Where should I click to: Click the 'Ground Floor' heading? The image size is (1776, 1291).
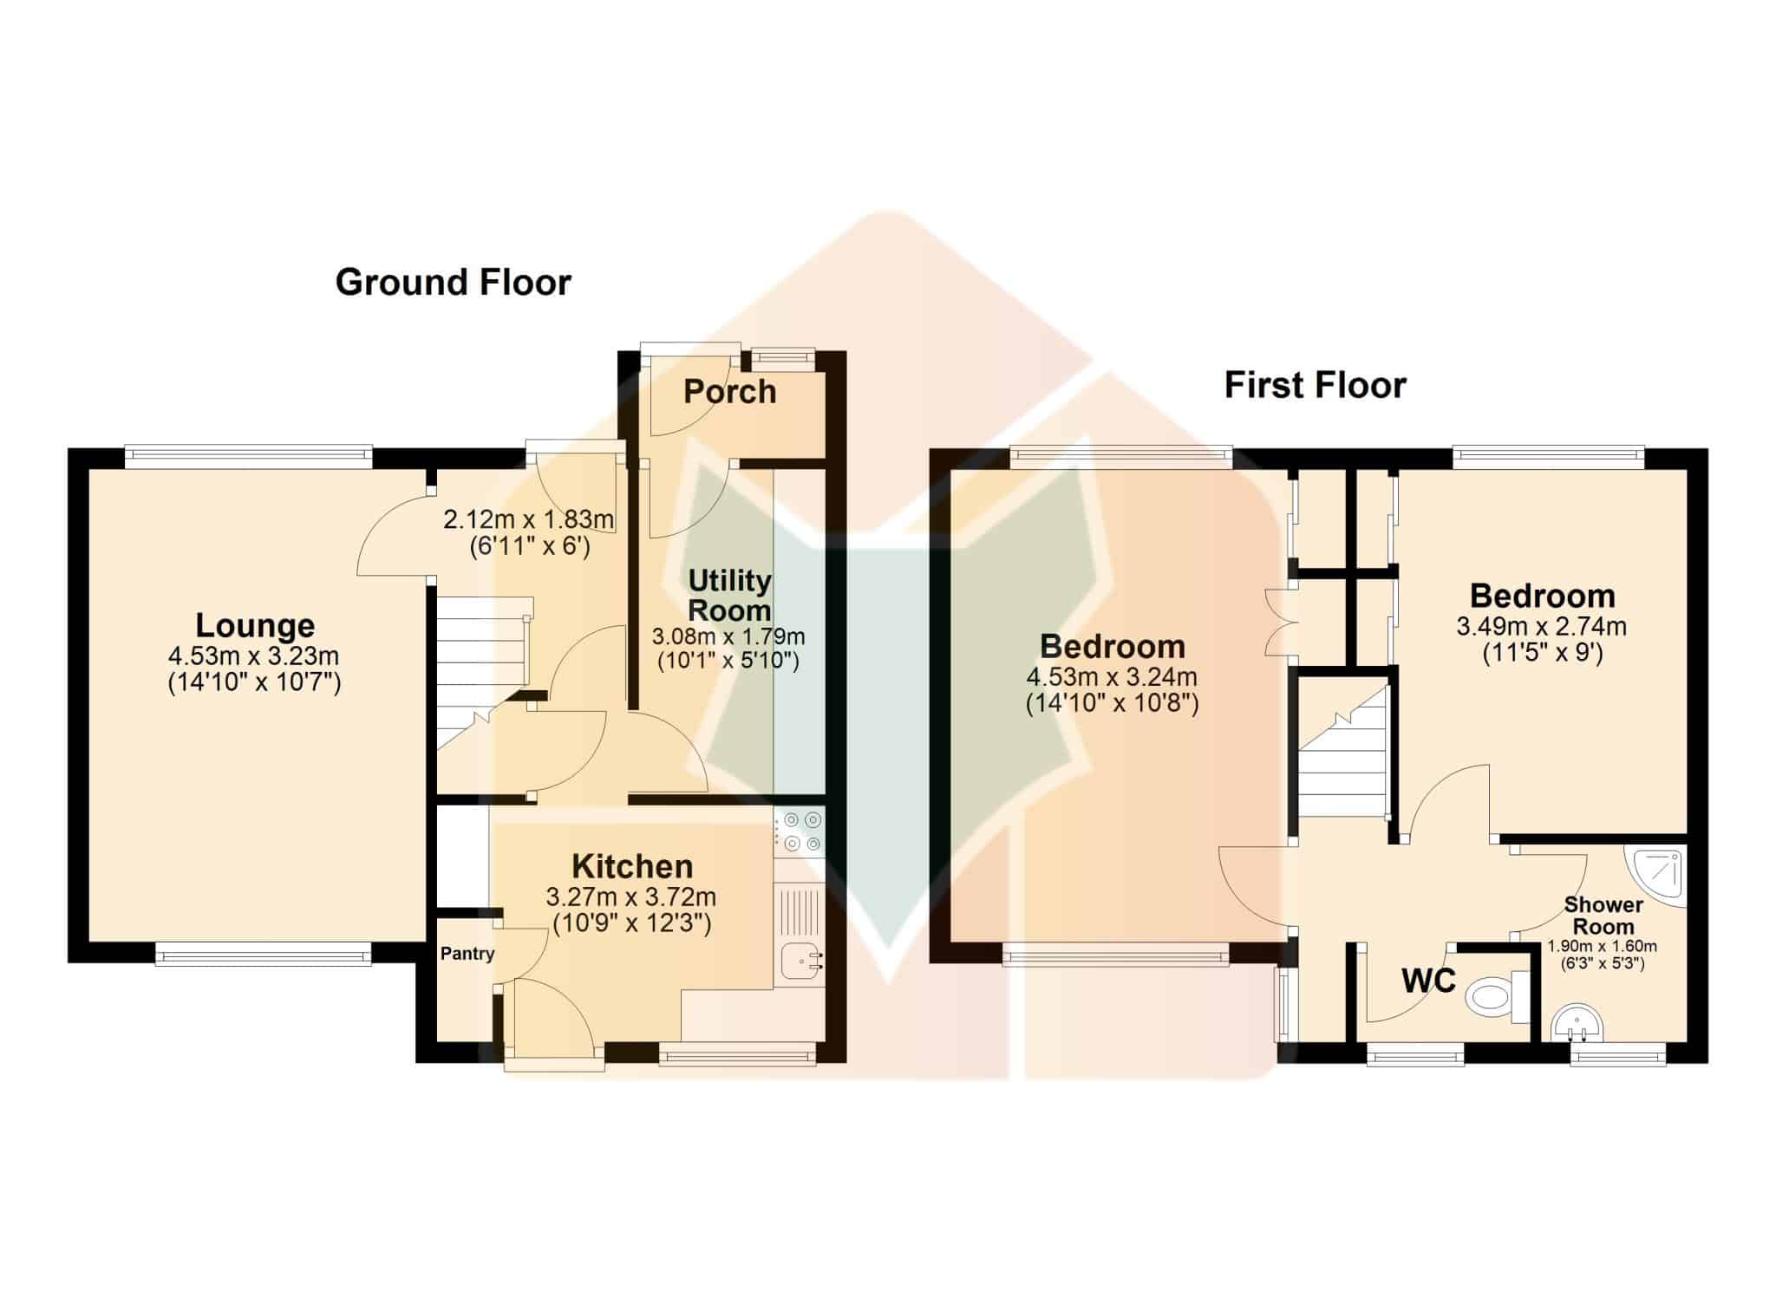[453, 283]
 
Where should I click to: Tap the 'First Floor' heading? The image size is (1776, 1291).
[1315, 385]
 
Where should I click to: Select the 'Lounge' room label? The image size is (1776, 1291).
[255, 625]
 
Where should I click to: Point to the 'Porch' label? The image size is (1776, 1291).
[729, 392]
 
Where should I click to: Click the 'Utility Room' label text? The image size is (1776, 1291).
[729, 595]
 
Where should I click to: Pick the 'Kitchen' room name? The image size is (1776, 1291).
[632, 866]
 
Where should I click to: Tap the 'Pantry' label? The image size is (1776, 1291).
[467, 954]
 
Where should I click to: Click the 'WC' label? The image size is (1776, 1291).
[1428, 981]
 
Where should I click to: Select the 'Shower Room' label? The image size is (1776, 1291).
[1603, 916]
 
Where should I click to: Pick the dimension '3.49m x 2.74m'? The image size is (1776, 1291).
[1541, 626]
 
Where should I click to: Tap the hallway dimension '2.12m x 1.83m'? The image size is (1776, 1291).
[529, 520]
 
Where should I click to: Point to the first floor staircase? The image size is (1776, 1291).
[1343, 750]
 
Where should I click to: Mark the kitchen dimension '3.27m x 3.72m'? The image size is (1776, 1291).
[631, 897]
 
